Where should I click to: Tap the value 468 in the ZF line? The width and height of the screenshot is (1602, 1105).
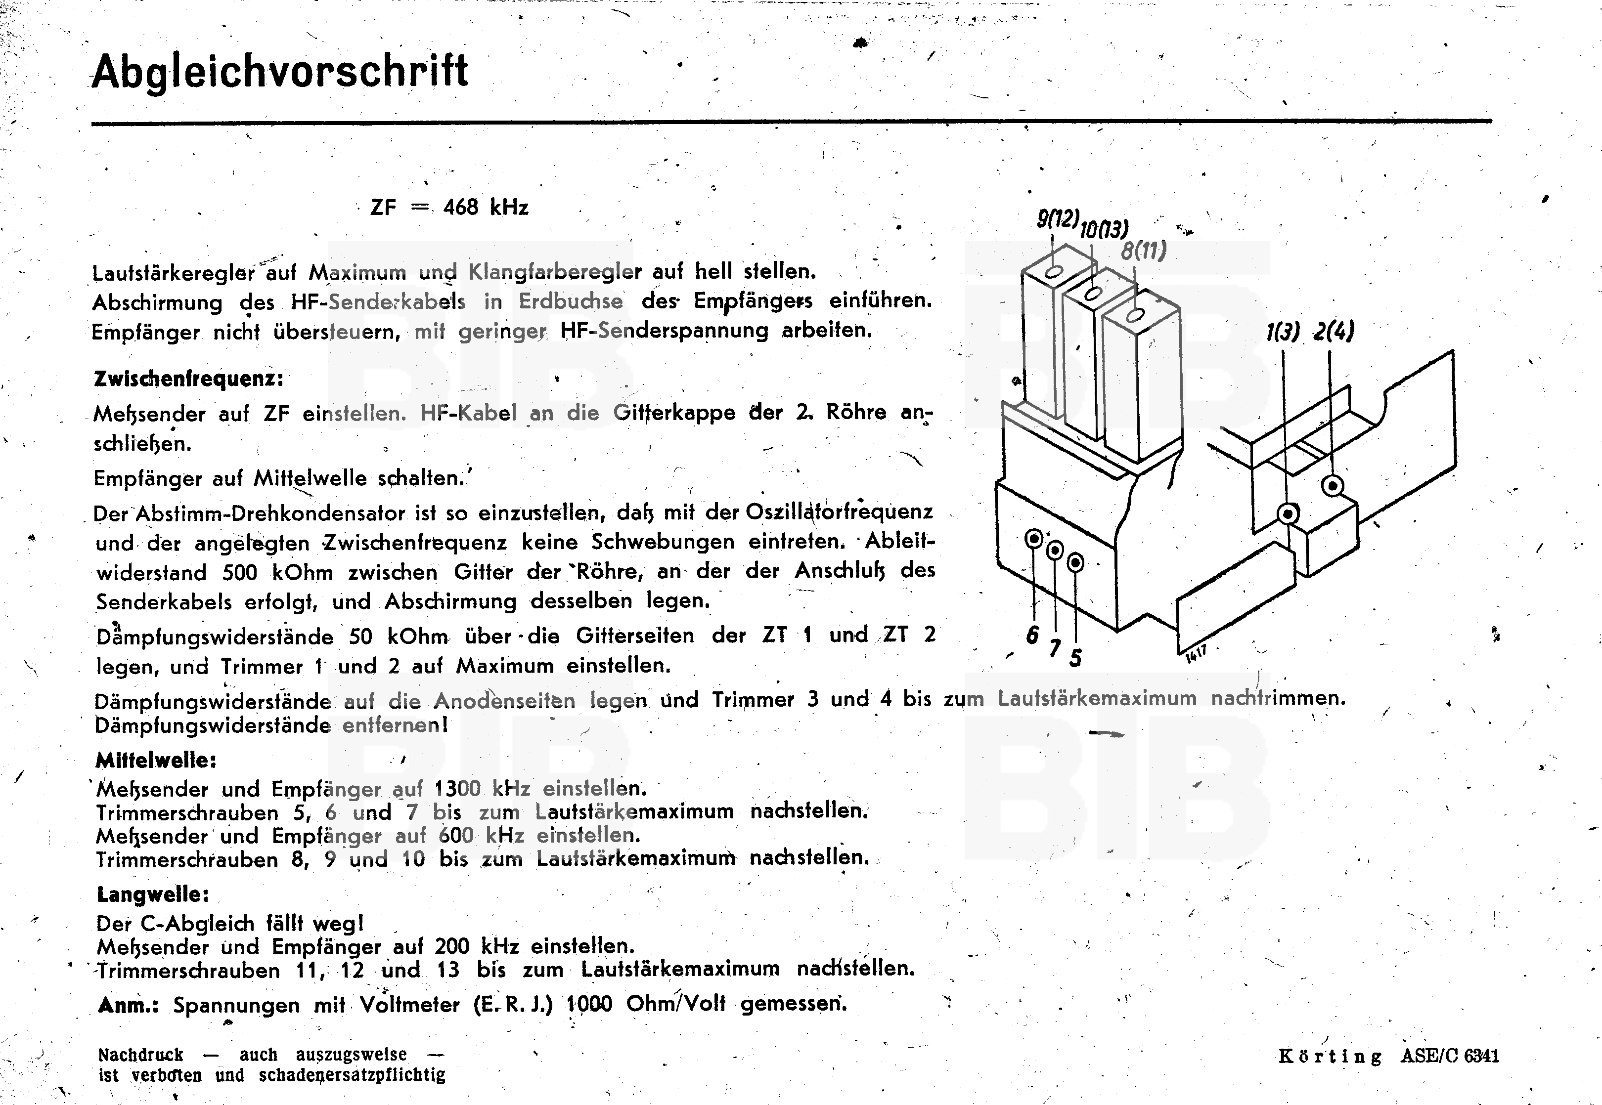pyautogui.click(x=461, y=207)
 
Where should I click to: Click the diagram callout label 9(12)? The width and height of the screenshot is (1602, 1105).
pyautogui.click(x=1058, y=219)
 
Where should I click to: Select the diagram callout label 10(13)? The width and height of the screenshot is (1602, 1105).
pyautogui.click(x=1104, y=229)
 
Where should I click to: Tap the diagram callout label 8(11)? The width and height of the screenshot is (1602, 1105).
pyautogui.click(x=1144, y=251)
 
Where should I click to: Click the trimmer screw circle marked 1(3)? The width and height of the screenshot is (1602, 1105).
pyautogui.click(x=1288, y=514)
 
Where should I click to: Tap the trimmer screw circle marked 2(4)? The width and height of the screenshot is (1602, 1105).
pyautogui.click(x=1332, y=486)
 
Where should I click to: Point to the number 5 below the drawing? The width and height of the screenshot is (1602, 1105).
pyautogui.click(x=1075, y=658)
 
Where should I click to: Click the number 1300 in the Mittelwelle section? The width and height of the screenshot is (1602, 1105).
pyautogui.click(x=457, y=789)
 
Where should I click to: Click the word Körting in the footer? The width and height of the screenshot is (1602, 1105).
pyautogui.click(x=1329, y=1057)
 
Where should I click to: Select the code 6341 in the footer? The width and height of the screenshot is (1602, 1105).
pyautogui.click(x=1481, y=1056)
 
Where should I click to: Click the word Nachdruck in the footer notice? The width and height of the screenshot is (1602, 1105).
pyautogui.click(x=140, y=1055)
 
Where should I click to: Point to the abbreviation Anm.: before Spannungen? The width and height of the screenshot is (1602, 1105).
pyautogui.click(x=128, y=1005)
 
